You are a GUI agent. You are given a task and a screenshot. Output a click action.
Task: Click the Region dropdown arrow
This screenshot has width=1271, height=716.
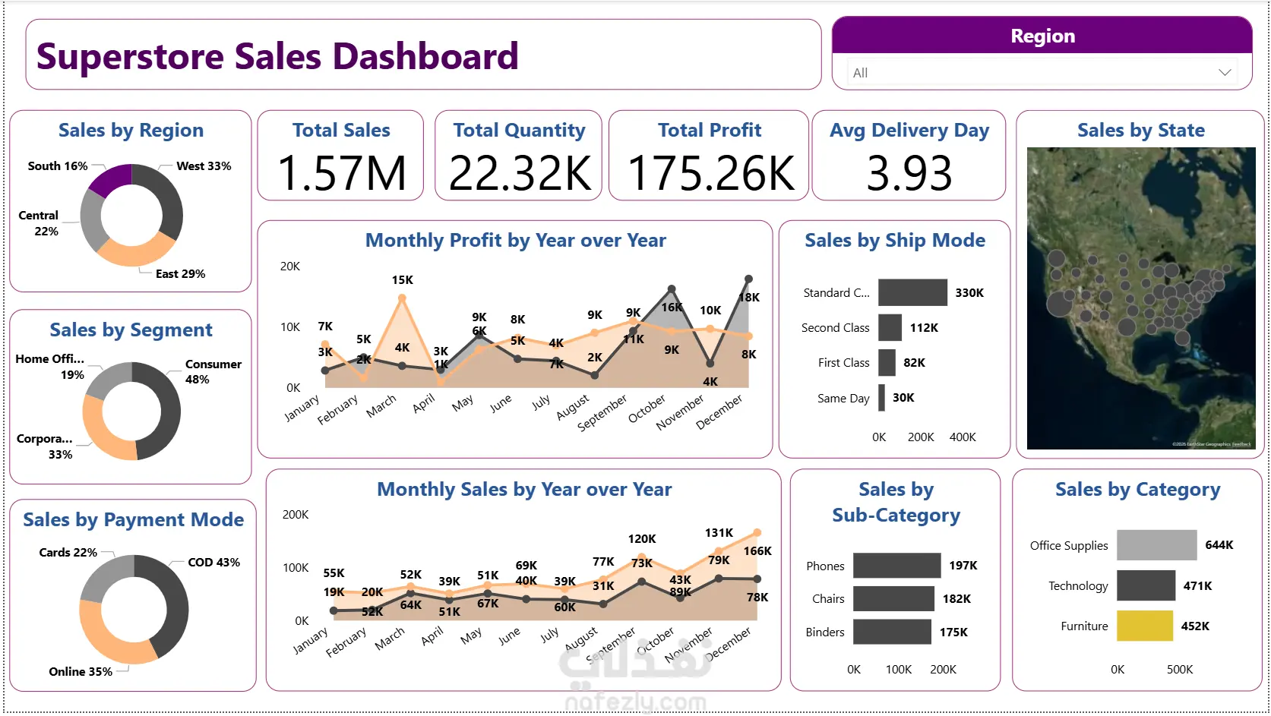(1224, 73)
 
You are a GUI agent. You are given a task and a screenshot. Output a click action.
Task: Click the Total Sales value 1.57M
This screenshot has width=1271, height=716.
(342, 173)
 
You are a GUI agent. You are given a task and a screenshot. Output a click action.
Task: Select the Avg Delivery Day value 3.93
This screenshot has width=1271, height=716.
(909, 173)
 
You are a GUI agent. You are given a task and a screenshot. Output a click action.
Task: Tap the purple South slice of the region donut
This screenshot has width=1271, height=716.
(111, 179)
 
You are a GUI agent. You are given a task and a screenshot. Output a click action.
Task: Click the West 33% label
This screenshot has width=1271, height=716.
(204, 166)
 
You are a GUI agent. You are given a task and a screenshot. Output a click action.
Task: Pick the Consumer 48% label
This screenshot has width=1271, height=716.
(213, 371)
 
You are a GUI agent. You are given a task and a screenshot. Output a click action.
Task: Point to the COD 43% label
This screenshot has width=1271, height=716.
(213, 563)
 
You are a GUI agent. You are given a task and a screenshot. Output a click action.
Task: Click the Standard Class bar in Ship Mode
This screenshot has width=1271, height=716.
(912, 292)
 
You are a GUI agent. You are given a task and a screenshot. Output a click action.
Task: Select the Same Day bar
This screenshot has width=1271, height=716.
(881, 398)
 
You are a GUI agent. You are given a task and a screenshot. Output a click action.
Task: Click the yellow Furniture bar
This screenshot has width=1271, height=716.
(1144, 626)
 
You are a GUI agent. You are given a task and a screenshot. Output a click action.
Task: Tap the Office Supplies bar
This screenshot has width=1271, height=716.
(1156, 545)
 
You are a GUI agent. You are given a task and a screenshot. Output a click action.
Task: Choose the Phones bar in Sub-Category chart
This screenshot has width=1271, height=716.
(896, 566)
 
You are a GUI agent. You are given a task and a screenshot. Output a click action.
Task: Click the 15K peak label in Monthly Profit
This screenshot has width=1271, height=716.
(402, 280)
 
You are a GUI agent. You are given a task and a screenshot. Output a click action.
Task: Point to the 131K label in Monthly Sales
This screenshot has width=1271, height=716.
(719, 533)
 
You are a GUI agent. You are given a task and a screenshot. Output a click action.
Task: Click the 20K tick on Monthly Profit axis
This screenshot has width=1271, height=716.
(290, 267)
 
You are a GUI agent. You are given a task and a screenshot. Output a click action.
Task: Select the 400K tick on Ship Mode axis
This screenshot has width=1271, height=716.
(962, 437)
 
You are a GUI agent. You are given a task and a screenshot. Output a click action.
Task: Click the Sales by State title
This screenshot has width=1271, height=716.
(1140, 131)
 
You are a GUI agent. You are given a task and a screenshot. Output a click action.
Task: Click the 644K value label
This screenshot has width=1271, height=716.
(1219, 545)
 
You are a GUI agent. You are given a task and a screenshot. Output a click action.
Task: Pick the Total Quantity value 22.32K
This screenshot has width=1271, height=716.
(520, 173)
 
